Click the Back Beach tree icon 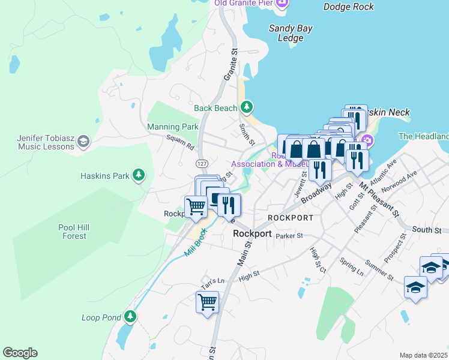click(246, 107)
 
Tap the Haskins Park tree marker click(139, 175)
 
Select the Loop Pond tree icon click(130, 316)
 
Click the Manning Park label click(173, 127)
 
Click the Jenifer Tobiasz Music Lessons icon click(83, 142)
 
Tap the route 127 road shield click(202, 163)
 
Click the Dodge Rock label click(348, 7)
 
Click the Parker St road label click(289, 236)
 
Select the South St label click(427, 230)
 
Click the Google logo click(20, 352)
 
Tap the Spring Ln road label click(352, 266)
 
